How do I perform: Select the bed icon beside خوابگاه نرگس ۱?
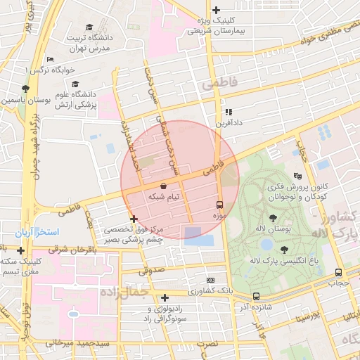pos(49,60)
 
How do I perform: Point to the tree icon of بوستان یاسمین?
pos(25,89)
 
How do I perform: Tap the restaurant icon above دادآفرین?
pos(228,111)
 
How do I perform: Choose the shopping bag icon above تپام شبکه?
pos(163,186)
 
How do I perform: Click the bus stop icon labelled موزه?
pos(220,205)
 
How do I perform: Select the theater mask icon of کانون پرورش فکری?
pos(297,176)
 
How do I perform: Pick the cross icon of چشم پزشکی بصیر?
pos(134,219)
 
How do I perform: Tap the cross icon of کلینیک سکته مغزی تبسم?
pos(21,250)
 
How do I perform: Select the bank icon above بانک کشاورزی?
pos(209,280)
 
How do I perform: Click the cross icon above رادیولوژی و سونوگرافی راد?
pos(165,297)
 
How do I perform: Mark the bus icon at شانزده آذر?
pos(256,297)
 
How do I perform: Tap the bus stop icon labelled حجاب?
pos(339,273)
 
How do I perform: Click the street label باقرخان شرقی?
pos(72,250)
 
